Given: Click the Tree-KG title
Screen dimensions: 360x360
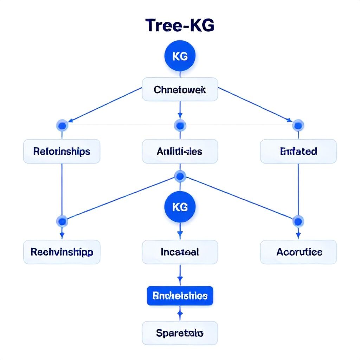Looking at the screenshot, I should click(x=180, y=26).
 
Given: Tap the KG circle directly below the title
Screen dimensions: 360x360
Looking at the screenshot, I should click(x=180, y=56).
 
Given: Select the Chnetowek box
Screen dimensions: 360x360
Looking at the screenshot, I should click(x=180, y=89).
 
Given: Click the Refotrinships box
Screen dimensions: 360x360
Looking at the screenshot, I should click(x=62, y=152).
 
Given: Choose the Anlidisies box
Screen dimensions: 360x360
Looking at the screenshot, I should click(x=180, y=152).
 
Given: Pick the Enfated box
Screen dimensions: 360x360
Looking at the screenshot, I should click(x=298, y=152).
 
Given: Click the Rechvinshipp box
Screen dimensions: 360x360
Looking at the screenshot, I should click(x=62, y=252).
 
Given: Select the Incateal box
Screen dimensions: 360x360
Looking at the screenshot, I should click(x=180, y=252).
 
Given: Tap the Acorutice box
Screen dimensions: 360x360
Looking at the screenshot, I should click(x=298, y=252).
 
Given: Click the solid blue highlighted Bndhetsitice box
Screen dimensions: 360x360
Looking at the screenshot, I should click(x=180, y=296).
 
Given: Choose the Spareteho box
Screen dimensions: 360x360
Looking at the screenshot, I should click(x=180, y=333).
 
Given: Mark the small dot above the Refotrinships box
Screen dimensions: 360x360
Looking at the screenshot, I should click(x=62, y=125).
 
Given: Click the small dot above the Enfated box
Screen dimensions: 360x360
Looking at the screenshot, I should click(x=298, y=125).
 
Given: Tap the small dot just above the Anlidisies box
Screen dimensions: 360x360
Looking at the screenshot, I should click(x=180, y=125).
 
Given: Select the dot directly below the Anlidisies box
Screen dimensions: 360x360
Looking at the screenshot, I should click(x=180, y=176).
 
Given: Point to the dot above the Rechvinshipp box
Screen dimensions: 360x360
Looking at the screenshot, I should click(x=62, y=221).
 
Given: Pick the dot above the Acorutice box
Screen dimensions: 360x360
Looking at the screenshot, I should click(x=298, y=221).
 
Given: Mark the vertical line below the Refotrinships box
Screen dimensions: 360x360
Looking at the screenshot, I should click(x=62, y=190).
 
